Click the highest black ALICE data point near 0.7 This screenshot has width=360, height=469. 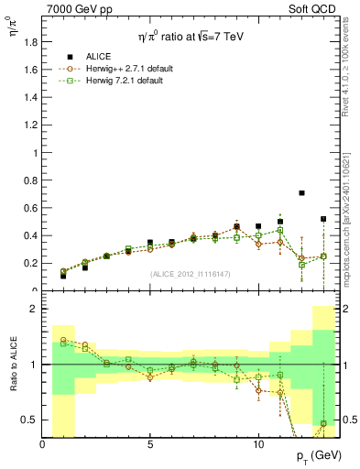pos(301,193)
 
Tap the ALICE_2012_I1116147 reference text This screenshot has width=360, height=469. pos(190,273)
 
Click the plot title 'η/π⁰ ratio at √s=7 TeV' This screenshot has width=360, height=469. pos(190,37)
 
